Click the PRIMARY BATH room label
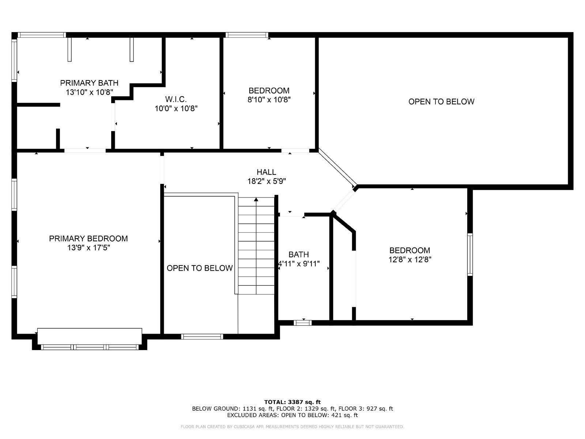(89, 83)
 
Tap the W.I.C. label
(176, 99)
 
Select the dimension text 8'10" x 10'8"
(269, 100)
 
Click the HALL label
(266, 172)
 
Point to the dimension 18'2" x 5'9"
(266, 181)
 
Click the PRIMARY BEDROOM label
(88, 239)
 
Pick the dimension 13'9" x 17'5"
(88, 248)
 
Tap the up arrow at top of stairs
(256, 200)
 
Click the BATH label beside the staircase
(299, 254)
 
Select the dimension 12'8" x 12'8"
(409, 260)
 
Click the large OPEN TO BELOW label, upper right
(441, 102)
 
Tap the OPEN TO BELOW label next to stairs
(200, 268)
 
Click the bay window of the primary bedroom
(90, 347)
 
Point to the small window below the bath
(303, 323)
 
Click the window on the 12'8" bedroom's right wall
(470, 254)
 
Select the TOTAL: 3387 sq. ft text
(292, 402)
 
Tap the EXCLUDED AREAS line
(292, 415)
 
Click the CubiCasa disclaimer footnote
(292, 427)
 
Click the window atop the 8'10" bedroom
(247, 35)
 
